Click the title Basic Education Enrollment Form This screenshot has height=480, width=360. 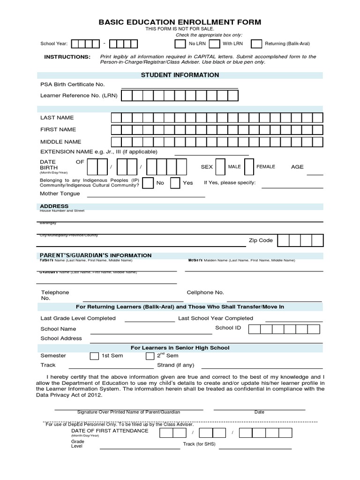180,22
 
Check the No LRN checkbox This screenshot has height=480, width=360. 180,44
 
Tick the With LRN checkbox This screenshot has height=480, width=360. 214,44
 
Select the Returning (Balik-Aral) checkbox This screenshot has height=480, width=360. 256,44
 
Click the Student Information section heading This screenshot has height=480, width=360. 180,75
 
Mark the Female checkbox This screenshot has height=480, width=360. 249,167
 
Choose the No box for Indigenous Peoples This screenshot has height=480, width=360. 147,183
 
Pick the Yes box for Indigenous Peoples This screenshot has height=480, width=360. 175,183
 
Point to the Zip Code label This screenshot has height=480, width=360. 260,240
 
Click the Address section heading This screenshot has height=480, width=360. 54,206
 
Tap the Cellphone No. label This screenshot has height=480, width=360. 205,292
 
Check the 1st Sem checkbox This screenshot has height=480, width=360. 94,356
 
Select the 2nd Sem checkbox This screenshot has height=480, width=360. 150,356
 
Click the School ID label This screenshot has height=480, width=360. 228,328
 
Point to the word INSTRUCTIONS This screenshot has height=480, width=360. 67,57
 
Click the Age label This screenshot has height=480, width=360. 297,167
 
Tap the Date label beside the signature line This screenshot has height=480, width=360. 259,412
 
